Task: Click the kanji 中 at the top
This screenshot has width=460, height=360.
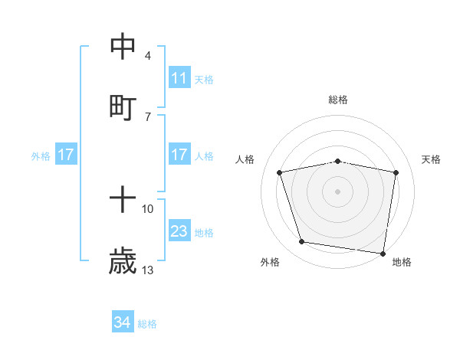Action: [123, 47]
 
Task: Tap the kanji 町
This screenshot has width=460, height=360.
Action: [123, 106]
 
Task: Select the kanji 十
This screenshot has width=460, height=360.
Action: [123, 200]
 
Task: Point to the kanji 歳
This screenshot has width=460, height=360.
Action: [123, 261]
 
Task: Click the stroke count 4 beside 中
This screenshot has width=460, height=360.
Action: [148, 56]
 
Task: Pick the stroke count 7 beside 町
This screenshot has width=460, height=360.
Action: [148, 116]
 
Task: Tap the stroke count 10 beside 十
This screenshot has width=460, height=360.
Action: [148, 208]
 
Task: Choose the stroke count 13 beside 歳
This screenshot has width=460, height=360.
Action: [148, 270]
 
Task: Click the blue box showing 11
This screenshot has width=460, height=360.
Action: [179, 78]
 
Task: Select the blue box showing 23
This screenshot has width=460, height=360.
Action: [179, 231]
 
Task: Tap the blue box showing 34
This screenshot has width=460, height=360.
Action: [123, 323]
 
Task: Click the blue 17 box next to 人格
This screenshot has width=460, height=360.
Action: [179, 155]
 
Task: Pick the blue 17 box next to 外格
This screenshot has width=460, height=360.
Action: [66, 155]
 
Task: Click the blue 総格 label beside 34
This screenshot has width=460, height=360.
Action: [147, 324]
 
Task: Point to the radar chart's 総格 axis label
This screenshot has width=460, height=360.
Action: [338, 100]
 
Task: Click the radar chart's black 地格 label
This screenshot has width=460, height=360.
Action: [402, 263]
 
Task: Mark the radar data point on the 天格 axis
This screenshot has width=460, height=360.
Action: [396, 173]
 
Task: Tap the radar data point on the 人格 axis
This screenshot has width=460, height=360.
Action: [280, 173]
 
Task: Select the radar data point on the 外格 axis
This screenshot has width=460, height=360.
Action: [302, 242]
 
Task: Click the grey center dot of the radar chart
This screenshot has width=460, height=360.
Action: [338, 191]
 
